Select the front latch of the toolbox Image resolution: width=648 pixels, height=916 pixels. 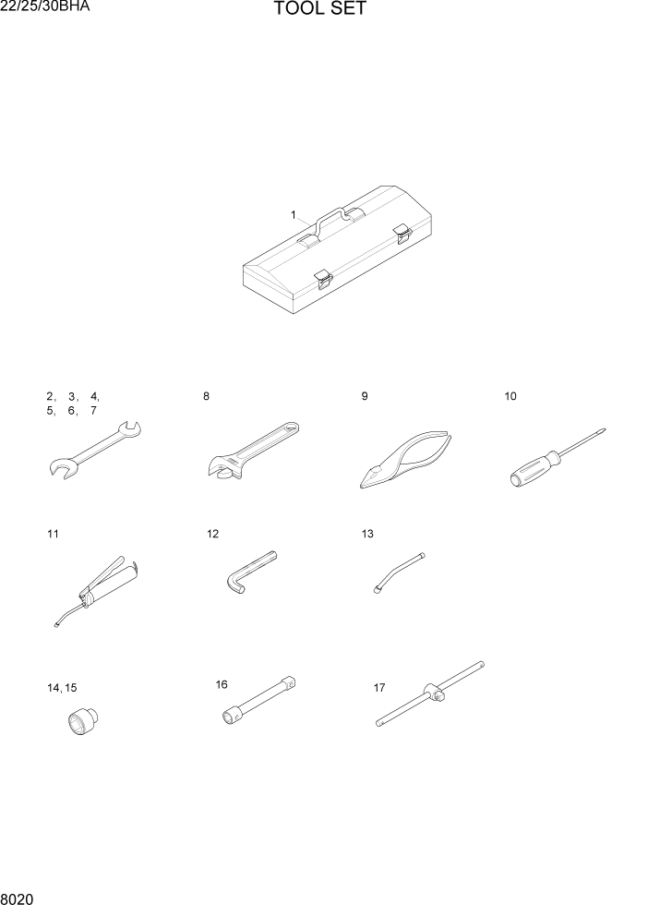[x=322, y=278]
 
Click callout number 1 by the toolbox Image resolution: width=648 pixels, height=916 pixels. [x=294, y=214]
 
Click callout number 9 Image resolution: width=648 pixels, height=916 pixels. [x=365, y=396]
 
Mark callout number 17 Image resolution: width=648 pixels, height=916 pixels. [x=379, y=687]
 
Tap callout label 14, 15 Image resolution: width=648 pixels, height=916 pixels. [x=62, y=688]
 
